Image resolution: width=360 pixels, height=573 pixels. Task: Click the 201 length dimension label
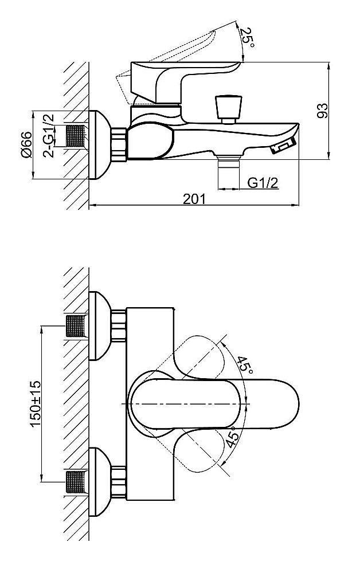pyautogui.click(x=194, y=199)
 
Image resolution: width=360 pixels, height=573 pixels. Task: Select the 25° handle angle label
pyautogui.click(x=248, y=37)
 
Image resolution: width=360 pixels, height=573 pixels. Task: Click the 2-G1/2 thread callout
pyautogui.click(x=49, y=136)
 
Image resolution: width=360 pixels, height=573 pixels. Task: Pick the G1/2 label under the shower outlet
pyautogui.click(x=263, y=183)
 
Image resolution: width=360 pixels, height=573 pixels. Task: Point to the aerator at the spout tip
pyautogui.click(x=283, y=146)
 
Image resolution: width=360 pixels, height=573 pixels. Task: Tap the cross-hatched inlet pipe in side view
pyautogui.click(x=76, y=136)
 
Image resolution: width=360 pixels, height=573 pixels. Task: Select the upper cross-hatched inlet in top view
pyautogui.click(x=76, y=326)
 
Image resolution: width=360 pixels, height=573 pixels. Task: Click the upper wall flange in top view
pyautogui.click(x=100, y=325)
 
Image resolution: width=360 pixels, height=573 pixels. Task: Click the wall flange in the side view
pyautogui.click(x=100, y=145)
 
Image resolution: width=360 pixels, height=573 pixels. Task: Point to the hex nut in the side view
pyautogui.click(x=119, y=144)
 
